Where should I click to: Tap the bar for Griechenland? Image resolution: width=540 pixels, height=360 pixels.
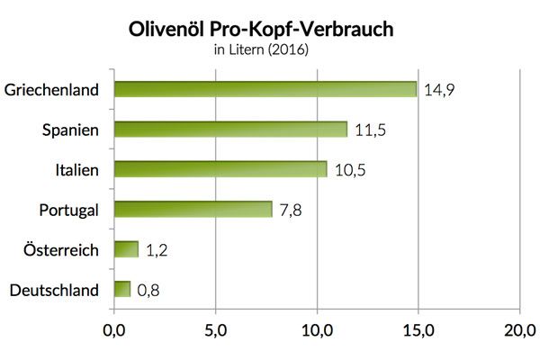tap(265, 89)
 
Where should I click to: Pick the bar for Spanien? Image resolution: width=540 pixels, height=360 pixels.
tap(230, 129)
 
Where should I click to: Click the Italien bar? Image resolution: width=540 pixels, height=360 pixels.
tap(220, 169)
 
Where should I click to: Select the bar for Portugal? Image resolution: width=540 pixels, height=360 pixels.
tap(193, 209)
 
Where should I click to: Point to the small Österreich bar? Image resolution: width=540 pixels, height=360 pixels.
tap(127, 248)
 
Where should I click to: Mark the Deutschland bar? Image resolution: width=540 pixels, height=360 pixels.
tap(122, 289)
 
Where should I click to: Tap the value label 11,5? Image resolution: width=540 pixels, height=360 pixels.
tap(370, 129)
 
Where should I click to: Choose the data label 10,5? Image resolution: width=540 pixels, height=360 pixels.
tap(350, 169)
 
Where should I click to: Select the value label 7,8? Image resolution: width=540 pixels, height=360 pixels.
tap(291, 209)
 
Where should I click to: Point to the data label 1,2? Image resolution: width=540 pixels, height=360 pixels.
tap(157, 249)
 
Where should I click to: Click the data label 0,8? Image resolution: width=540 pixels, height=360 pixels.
tap(149, 289)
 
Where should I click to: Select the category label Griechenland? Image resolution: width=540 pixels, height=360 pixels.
tap(51, 90)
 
